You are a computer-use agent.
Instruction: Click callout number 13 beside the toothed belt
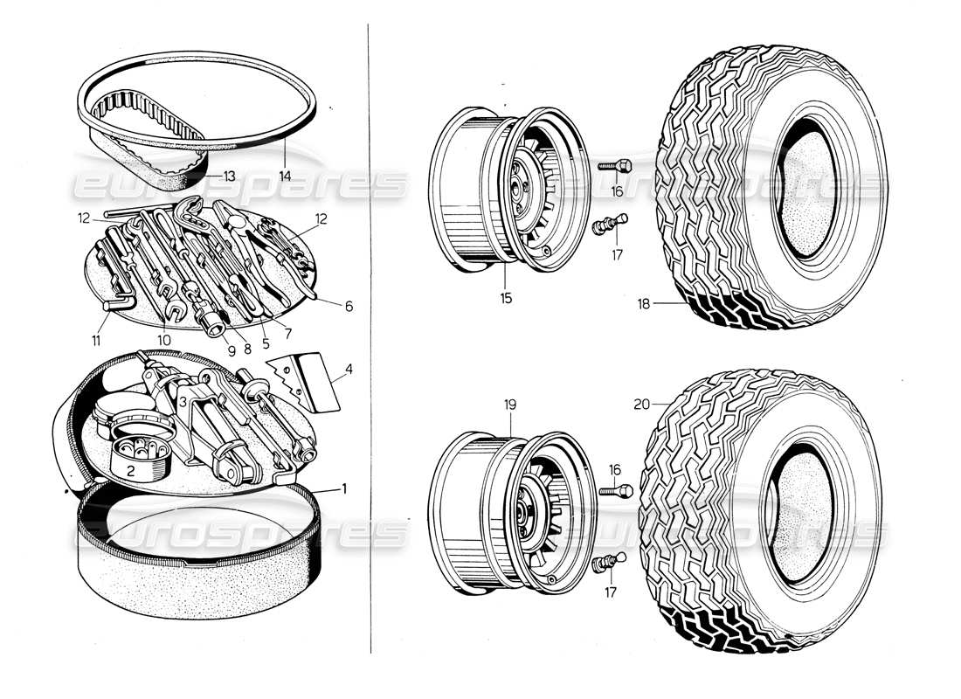coord(229,176)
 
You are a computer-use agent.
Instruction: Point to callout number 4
coord(349,370)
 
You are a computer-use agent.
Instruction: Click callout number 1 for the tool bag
coord(344,488)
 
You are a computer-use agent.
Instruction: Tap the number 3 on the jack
coord(185,401)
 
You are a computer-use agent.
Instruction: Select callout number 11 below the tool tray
coord(97,339)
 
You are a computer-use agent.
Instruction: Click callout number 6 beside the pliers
coord(349,307)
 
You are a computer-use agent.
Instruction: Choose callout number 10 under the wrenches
coord(163,339)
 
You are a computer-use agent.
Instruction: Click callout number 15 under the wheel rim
coord(506,298)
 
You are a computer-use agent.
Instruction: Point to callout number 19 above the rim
coord(511,405)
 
